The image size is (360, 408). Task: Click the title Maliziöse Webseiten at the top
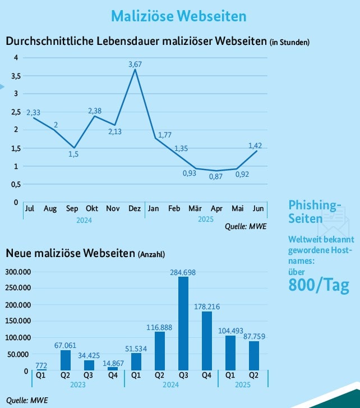click(178, 16)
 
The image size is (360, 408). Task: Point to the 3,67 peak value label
click(135, 65)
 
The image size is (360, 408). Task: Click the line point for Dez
click(135, 70)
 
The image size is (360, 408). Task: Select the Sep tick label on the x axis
click(72, 209)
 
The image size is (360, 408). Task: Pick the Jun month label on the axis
click(258, 209)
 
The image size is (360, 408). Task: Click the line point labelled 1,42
click(257, 150)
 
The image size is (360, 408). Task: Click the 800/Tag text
click(319, 286)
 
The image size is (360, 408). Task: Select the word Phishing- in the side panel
click(315, 204)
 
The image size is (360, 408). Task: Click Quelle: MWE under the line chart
click(246, 227)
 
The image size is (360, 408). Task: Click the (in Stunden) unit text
click(289, 42)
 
